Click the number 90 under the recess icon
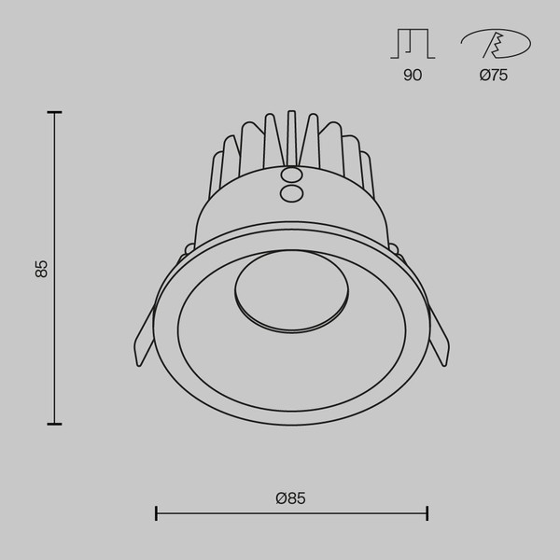(x=412, y=76)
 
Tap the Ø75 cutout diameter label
(x=494, y=76)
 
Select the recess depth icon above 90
(x=412, y=45)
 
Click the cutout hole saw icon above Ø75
(x=495, y=45)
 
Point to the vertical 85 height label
(x=41, y=269)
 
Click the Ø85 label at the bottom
(x=291, y=498)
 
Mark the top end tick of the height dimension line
(x=55, y=113)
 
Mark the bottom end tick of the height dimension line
(x=55, y=424)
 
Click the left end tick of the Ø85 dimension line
(x=156, y=512)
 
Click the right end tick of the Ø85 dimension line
(x=427, y=512)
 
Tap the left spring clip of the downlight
(x=144, y=336)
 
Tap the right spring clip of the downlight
(x=439, y=336)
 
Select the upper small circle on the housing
(x=291, y=175)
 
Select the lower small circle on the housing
(x=291, y=192)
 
